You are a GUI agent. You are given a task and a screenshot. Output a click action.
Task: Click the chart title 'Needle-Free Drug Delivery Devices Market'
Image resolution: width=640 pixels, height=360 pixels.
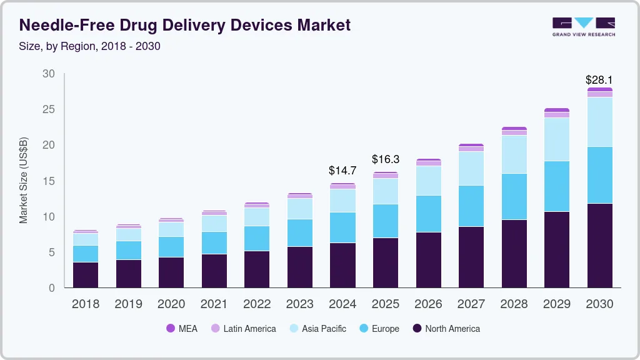(x=185, y=25)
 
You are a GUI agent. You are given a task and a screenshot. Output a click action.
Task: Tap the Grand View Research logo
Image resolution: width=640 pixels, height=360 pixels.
(x=583, y=26)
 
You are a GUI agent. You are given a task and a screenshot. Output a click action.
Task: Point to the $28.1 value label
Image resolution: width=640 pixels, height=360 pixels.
(x=599, y=80)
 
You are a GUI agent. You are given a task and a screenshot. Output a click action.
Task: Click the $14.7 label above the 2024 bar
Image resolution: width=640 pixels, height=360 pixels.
(x=342, y=170)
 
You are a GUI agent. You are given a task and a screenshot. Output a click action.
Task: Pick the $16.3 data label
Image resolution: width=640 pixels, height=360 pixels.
(x=385, y=159)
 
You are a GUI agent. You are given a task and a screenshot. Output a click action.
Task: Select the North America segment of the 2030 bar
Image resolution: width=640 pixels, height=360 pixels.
(x=599, y=245)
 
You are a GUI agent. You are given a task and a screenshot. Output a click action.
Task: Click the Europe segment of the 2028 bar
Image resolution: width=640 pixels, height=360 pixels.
(x=514, y=196)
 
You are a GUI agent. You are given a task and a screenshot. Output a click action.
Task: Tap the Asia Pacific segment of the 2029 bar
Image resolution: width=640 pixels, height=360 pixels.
(x=556, y=139)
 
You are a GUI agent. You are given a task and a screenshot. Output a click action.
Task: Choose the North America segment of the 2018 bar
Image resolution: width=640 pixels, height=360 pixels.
(x=86, y=275)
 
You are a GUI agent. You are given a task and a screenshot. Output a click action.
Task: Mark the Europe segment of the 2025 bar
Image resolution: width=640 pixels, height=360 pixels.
(x=385, y=221)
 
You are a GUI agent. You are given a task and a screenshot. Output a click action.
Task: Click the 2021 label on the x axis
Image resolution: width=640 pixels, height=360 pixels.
(x=214, y=304)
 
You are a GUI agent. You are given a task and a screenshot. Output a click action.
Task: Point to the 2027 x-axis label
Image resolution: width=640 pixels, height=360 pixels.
(x=471, y=304)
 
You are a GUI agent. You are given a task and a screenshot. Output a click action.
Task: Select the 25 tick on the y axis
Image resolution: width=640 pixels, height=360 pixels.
(x=48, y=109)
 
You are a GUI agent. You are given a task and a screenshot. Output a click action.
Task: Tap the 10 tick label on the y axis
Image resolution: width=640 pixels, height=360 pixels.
(x=48, y=217)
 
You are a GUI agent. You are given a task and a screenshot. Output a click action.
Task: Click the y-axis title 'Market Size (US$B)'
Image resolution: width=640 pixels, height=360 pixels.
(x=24, y=180)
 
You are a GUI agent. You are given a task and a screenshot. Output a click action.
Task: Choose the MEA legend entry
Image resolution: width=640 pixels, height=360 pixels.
(x=181, y=328)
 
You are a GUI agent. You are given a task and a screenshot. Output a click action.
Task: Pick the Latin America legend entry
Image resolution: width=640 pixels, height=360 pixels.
(x=244, y=328)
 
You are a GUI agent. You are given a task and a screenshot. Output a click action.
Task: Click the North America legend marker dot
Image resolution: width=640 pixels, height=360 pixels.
(x=417, y=328)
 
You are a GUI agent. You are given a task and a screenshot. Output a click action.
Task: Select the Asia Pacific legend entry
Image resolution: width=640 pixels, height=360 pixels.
(x=317, y=328)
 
